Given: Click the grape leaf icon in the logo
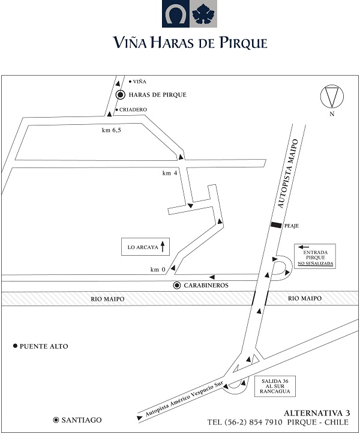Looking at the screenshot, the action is coord(203,14).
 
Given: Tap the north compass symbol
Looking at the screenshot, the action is coord(332,97).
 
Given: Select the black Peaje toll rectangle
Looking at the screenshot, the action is coord(277,225).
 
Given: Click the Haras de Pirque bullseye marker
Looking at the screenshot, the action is coord(121,95).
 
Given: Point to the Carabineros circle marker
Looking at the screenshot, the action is coord(177,285).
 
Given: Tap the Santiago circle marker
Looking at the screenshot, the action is coord(56,420).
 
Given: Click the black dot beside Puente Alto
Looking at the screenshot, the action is coord(15,346).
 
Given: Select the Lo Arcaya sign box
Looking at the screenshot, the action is coord(145,247).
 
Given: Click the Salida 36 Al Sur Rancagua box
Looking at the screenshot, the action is coord(275,386).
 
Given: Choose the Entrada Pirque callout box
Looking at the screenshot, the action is coord(315,256).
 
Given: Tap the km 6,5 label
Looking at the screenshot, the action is coord(112,130).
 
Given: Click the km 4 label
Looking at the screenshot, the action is coord(170,173).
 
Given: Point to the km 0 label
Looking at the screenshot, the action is coord(158,270).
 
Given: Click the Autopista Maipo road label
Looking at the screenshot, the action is coord(288,173).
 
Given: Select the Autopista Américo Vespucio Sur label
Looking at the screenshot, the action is coord(184,399).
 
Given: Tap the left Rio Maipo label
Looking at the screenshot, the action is coord(107,299).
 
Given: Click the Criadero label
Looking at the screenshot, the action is coord(133,110).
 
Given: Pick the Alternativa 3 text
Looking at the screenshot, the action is coord(317,413).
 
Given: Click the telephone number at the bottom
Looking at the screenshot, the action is coord(245,423).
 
